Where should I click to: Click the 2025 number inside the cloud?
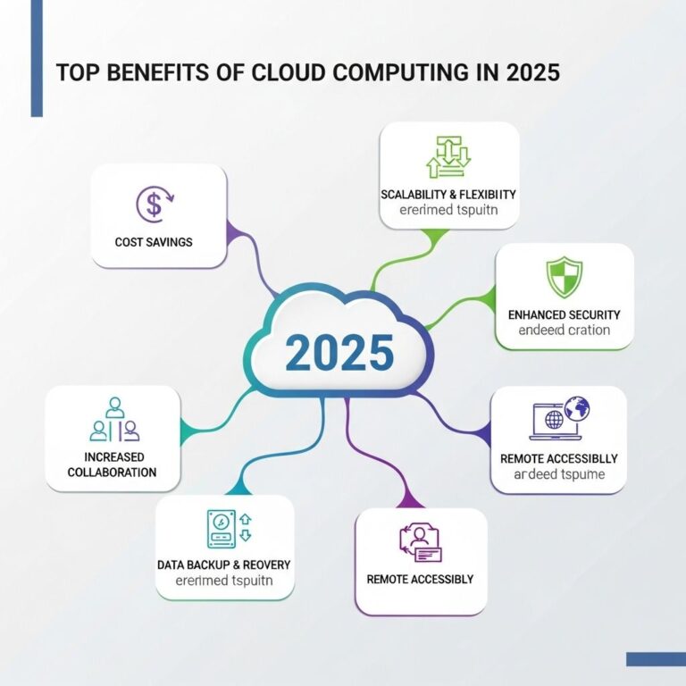pyautogui.click(x=339, y=352)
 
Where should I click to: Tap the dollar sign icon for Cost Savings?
pyautogui.click(x=154, y=205)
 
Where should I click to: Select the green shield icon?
pyautogui.click(x=564, y=277)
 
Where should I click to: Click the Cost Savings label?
pyautogui.click(x=154, y=242)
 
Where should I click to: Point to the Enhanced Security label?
pyautogui.click(x=564, y=314)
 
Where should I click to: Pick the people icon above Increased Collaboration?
pyautogui.click(x=114, y=421)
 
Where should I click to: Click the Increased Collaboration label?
pyautogui.click(x=113, y=464)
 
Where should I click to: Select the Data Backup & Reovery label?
pyautogui.click(x=223, y=565)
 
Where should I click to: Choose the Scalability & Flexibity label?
pyautogui.click(x=448, y=194)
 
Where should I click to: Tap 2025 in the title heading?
pyautogui.click(x=532, y=72)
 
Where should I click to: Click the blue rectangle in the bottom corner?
pyautogui.click(x=655, y=659)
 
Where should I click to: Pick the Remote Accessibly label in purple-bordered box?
pyautogui.click(x=420, y=579)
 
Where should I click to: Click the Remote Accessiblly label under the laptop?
pyautogui.click(x=558, y=458)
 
